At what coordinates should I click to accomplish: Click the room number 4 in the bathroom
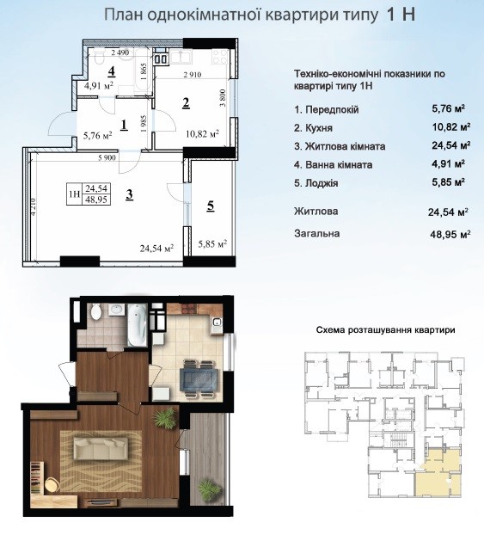coord(111,71)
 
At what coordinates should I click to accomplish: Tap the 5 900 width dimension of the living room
coord(107,157)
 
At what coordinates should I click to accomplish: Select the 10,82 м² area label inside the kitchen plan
coord(203,133)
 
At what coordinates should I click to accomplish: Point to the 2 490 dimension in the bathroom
coord(120,52)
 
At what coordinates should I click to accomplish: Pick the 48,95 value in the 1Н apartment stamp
coord(96,200)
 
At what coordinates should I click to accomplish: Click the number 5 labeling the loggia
coord(210,206)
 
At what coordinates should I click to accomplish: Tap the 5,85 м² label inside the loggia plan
coord(212,244)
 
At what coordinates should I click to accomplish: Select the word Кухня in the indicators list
coord(319,128)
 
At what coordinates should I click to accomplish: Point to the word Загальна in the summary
coord(316,234)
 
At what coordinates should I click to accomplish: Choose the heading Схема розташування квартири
coord(386,329)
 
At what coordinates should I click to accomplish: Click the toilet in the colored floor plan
coord(96,312)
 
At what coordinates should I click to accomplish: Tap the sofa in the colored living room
coord(101,448)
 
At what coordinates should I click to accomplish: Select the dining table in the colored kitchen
coord(199,378)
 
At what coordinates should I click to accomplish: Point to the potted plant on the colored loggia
coord(210,489)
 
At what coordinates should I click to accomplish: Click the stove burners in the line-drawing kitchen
coord(220,57)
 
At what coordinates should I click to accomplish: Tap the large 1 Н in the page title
coord(401,15)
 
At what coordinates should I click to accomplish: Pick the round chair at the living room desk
coord(52,485)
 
